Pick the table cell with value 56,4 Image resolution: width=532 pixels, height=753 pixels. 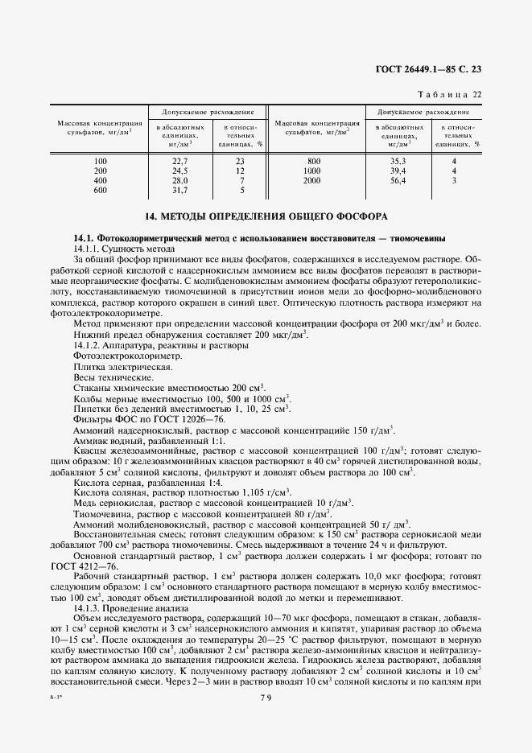[396, 181]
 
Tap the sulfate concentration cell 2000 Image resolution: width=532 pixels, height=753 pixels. [313, 181]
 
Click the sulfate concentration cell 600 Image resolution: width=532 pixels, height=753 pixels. [100, 191]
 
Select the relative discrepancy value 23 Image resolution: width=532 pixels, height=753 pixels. [239, 161]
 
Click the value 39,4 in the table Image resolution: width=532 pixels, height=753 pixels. [396, 171]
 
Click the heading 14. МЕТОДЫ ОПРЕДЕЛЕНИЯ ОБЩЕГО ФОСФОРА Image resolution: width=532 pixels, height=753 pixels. [266, 216]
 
